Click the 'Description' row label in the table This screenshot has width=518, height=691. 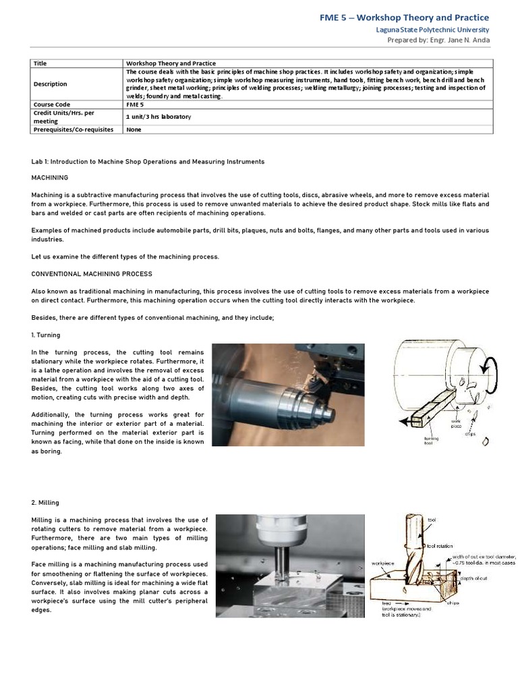point(51,84)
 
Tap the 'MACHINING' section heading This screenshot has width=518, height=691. point(50,177)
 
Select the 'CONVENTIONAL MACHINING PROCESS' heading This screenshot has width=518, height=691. point(92,274)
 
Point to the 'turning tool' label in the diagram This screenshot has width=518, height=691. point(432,440)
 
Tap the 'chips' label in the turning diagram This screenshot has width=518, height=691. point(469,434)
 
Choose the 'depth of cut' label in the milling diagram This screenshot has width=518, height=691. point(476,578)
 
